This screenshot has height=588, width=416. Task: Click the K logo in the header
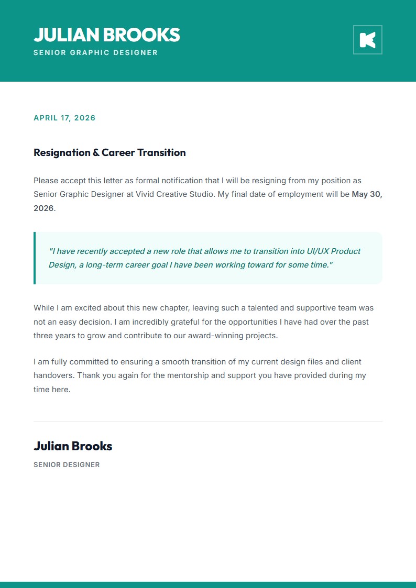(x=367, y=40)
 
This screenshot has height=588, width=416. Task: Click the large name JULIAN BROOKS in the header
(x=106, y=35)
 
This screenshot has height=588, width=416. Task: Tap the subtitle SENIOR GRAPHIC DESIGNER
(x=95, y=52)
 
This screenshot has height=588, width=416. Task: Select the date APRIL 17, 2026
(x=64, y=118)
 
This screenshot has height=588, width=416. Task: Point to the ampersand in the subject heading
(x=96, y=153)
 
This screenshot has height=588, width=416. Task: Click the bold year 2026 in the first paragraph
(x=43, y=208)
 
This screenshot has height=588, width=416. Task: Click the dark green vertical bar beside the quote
(x=35, y=258)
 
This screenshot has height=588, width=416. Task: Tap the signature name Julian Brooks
(x=73, y=446)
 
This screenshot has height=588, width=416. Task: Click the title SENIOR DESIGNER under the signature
(x=67, y=464)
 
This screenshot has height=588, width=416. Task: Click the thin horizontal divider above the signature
(x=208, y=421)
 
